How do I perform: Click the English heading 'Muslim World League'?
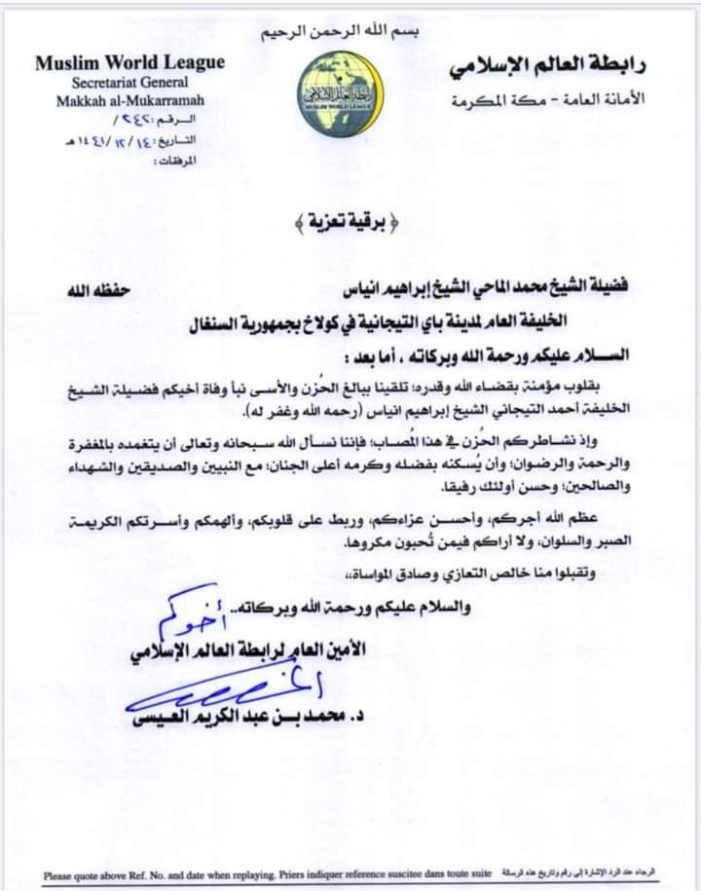point(129,62)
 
